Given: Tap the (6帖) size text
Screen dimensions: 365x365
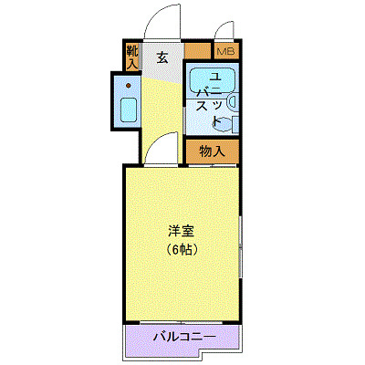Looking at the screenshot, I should pos(182,248).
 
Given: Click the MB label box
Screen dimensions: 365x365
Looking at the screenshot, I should pos(225,52).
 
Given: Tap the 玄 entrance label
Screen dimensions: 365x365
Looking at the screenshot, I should pos(162,57).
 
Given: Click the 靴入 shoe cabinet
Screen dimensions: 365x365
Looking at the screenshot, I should pos(133,57).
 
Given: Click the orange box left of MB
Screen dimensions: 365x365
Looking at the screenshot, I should pos(198,52).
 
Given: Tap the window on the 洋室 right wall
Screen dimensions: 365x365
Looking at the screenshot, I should pos(240,246).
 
